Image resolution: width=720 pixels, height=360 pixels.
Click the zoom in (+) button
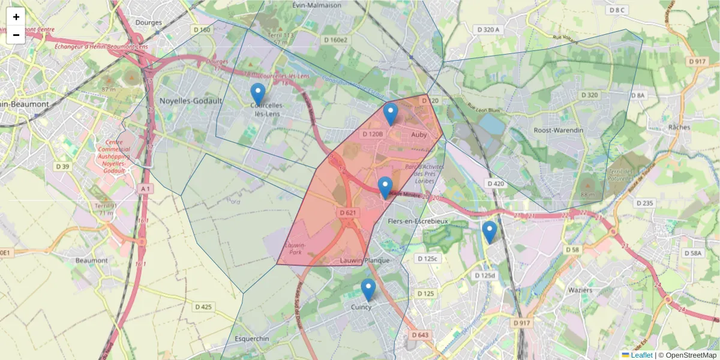16,17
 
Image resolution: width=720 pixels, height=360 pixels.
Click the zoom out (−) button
16,35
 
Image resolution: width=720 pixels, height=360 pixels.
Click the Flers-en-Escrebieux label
418,221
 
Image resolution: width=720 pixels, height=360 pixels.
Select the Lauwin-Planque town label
365,260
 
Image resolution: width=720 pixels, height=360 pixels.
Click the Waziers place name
579,290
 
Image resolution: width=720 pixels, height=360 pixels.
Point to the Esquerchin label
252,338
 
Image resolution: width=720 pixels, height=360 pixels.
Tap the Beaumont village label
92,260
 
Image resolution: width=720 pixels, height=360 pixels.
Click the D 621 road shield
349,212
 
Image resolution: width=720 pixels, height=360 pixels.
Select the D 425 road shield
203,307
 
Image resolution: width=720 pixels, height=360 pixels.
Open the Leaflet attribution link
641,355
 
